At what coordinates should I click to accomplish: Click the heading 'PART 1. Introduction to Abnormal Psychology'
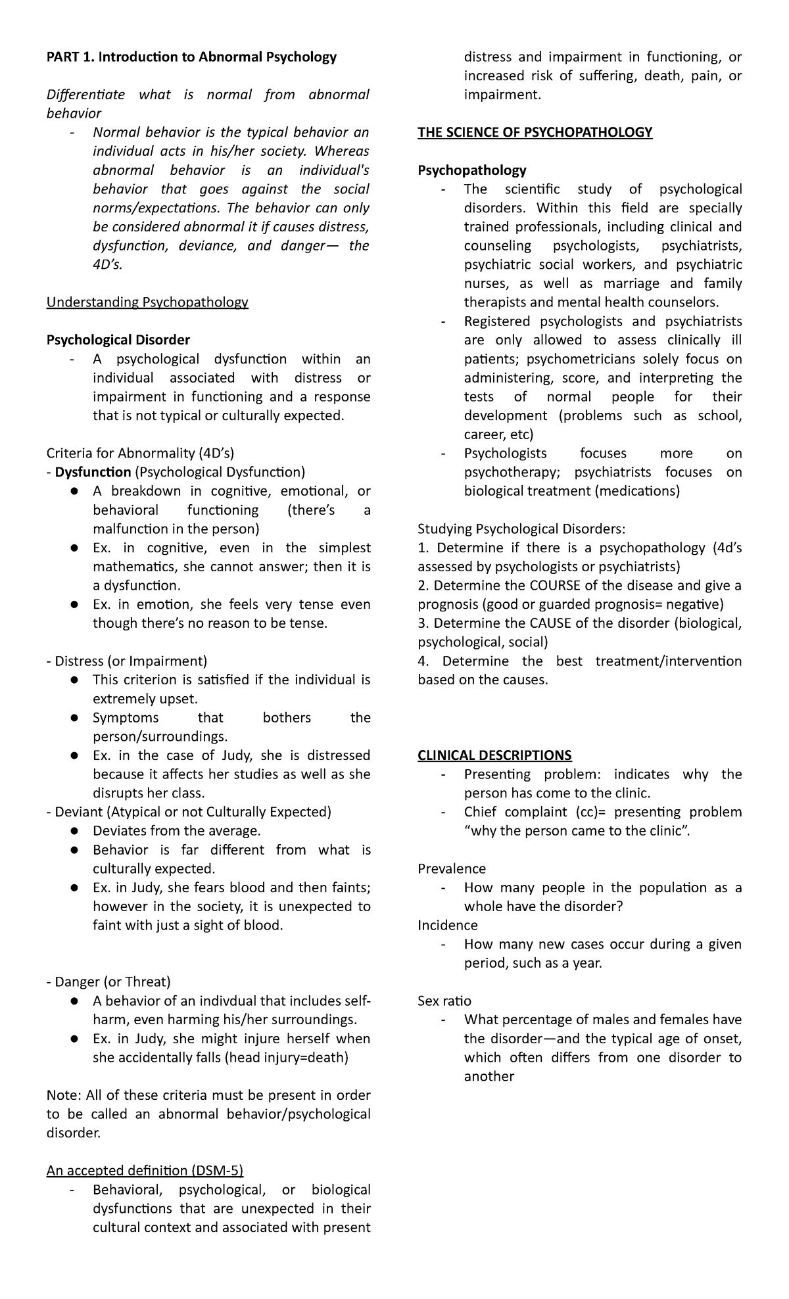click(x=191, y=57)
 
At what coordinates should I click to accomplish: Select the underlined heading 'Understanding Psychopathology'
click(x=147, y=302)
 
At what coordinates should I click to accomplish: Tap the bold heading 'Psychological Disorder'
click(x=118, y=340)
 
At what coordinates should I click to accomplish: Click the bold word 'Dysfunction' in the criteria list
click(x=93, y=472)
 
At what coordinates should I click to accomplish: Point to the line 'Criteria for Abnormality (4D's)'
click(x=140, y=453)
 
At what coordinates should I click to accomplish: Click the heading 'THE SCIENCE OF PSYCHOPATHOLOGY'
click(x=535, y=132)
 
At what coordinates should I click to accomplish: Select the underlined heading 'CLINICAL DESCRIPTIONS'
click(x=494, y=755)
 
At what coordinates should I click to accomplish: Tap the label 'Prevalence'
click(x=452, y=868)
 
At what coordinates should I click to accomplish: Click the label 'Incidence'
click(x=448, y=925)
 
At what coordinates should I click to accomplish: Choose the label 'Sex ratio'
click(x=444, y=1001)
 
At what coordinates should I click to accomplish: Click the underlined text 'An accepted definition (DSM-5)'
click(x=145, y=1171)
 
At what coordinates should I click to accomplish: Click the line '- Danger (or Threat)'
click(x=108, y=982)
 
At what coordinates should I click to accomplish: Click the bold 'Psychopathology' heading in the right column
click(x=472, y=170)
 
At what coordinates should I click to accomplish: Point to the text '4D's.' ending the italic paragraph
click(x=108, y=264)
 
